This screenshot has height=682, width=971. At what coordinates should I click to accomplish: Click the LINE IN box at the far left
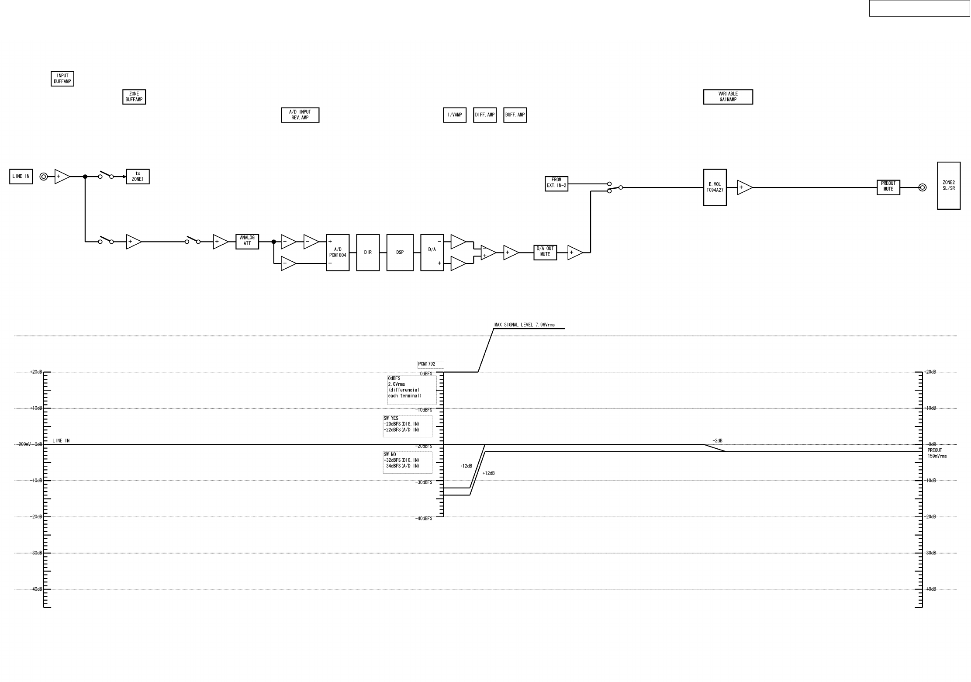coord(21,177)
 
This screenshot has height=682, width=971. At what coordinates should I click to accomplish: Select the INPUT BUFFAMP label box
coord(62,79)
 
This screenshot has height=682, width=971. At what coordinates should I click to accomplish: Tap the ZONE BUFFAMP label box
coord(134,97)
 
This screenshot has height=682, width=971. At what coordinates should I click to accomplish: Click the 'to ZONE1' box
coord(138,177)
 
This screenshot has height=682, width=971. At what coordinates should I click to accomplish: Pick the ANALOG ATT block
coord(247,241)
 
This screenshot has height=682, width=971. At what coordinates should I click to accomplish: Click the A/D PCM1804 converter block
coord(338,253)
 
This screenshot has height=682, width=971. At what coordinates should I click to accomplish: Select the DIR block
coord(368,253)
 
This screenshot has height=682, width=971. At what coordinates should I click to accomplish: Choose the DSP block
coord(400,253)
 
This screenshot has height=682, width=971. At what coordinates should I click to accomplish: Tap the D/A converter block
coord(432,253)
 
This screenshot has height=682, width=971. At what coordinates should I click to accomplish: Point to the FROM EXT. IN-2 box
coord(556,183)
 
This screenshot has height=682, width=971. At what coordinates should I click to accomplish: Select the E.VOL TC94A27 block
coord(715,187)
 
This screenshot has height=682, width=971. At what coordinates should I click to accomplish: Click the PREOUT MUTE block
coord(888,187)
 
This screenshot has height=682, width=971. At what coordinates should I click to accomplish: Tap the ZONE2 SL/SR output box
coord(949,186)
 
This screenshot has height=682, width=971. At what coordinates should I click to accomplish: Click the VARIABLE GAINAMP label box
coord(728,97)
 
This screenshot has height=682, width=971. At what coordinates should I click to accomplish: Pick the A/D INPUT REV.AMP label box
coord(300,115)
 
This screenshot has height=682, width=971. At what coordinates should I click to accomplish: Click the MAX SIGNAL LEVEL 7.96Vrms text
coord(525,325)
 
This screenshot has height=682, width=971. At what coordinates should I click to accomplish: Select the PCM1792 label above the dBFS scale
coord(431,364)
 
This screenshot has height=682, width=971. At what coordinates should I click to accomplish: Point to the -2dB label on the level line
coord(717,441)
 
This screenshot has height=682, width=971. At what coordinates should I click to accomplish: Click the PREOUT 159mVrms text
coord(937,454)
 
